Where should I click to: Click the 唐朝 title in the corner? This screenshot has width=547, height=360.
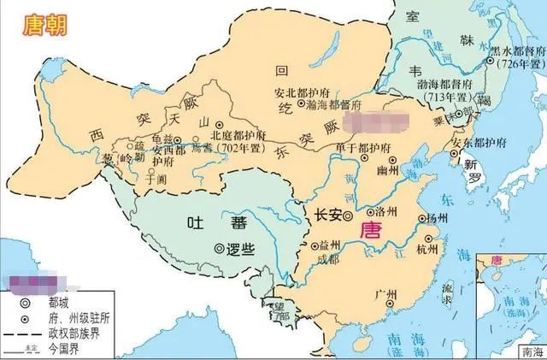click(x=40, y=22)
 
